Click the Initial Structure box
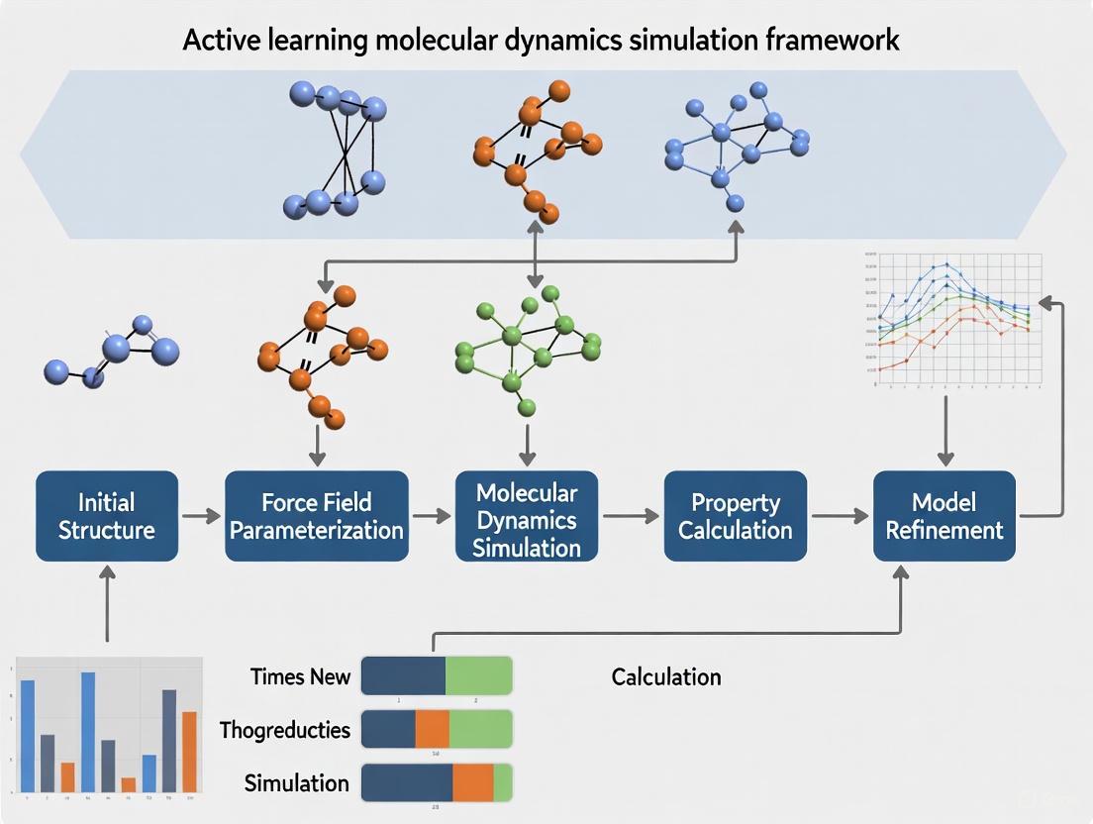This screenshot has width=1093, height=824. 107,516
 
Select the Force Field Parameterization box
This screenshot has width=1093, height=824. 317,516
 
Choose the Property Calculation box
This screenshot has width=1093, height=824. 735,516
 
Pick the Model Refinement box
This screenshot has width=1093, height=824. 944,516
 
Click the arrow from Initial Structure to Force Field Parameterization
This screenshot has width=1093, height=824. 201,516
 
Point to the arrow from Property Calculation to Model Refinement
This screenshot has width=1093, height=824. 840,516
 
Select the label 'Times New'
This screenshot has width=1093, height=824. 300,676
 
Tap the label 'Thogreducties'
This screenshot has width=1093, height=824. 285,730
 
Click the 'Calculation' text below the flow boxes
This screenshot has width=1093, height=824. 665,676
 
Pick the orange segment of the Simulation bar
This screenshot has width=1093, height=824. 473,782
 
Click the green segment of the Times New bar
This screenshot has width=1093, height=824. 478,675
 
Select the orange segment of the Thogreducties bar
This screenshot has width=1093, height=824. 432,729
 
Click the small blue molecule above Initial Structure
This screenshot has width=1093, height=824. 114,352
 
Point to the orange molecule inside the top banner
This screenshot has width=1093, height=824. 535,149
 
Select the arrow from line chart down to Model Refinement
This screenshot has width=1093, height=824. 944,431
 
